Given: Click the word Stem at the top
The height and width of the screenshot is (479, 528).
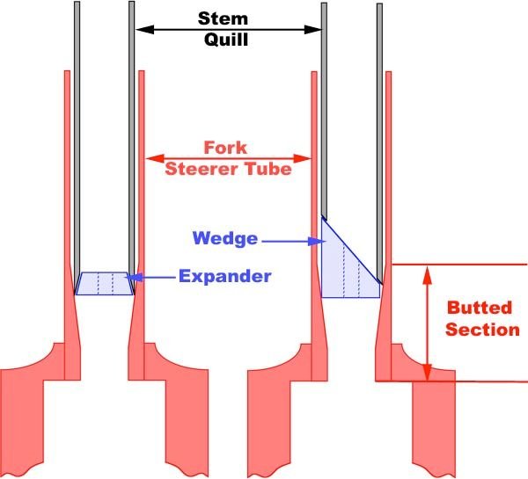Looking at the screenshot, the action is (x=223, y=18).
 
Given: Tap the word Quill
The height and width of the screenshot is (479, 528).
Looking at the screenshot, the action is (x=226, y=40).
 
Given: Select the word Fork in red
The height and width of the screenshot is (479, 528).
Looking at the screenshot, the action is (x=225, y=148).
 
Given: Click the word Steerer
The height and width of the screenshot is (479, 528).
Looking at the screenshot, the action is (x=203, y=169).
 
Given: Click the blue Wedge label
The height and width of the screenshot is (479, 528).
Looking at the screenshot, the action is (x=225, y=238).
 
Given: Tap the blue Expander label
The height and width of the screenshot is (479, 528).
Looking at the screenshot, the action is (x=225, y=276).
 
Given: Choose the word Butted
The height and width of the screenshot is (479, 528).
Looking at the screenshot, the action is (x=480, y=308).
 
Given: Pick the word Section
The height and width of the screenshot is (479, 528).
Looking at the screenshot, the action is (x=482, y=330).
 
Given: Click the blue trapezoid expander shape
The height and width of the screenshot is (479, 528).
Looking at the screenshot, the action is (x=105, y=284).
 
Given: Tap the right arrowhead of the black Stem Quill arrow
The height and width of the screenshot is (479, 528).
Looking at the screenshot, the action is (x=312, y=30).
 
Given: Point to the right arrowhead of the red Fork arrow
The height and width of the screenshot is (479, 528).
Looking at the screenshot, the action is (x=303, y=158).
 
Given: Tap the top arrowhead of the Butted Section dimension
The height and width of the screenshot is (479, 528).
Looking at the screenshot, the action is (x=428, y=275).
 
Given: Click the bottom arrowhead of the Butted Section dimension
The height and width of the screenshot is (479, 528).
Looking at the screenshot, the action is (x=428, y=372).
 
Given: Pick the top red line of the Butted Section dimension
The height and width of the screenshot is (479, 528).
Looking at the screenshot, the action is (x=459, y=265).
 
